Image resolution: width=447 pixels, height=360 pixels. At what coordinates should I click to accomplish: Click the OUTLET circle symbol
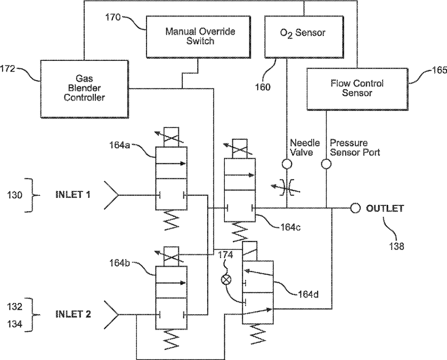point(355,208)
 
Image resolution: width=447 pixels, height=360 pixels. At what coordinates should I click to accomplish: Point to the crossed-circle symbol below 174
point(226,279)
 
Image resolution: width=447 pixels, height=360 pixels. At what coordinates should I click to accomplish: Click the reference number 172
point(7,69)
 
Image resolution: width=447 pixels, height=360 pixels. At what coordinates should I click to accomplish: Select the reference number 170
point(113,18)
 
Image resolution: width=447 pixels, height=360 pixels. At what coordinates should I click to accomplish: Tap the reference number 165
point(440,70)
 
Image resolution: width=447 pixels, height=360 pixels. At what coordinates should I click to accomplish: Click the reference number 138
point(396,246)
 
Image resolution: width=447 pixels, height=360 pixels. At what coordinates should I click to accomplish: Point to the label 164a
point(119,145)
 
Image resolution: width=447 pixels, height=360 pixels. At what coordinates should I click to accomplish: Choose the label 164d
point(308,294)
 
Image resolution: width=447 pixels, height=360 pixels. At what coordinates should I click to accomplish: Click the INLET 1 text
point(73,195)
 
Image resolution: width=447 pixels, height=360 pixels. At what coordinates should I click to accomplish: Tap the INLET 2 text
point(73,314)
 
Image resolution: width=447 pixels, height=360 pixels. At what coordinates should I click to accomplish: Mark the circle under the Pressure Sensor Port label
point(326,164)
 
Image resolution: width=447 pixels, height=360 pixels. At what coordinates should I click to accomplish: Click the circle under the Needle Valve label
point(287,164)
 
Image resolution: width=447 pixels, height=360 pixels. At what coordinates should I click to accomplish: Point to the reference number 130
point(15,195)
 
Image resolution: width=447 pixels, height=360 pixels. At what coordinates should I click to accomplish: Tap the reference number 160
point(263,87)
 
